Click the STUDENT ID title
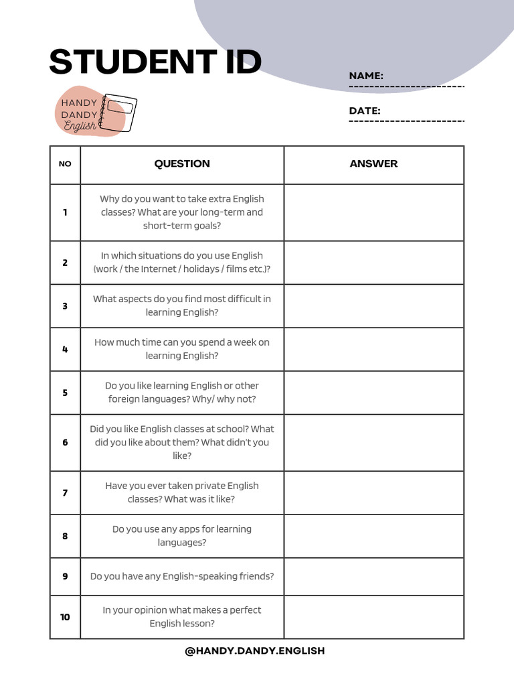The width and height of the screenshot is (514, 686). [155, 63]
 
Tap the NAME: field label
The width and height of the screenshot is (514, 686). [366, 76]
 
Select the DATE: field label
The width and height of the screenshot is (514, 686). [365, 111]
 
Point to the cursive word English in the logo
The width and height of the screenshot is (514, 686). [80, 127]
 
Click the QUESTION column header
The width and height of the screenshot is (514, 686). [182, 163]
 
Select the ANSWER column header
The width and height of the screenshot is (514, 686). [373, 163]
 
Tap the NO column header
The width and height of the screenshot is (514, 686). [65, 164]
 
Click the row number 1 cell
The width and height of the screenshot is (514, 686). [65, 212]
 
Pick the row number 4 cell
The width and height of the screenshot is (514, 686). [65, 349]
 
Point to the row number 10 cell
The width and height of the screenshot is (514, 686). [65, 617]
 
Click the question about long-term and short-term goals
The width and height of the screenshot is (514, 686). [182, 212]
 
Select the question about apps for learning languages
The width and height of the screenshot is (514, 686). [182, 536]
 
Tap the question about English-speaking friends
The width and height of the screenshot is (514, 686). [182, 576]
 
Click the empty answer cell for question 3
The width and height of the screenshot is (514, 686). [373, 305]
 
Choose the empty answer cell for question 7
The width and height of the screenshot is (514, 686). [373, 492]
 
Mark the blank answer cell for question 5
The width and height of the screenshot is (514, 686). [373, 393]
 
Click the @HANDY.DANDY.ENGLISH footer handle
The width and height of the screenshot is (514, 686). [255, 650]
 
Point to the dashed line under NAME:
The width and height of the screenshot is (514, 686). [406, 87]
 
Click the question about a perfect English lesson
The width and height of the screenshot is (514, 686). [182, 617]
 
